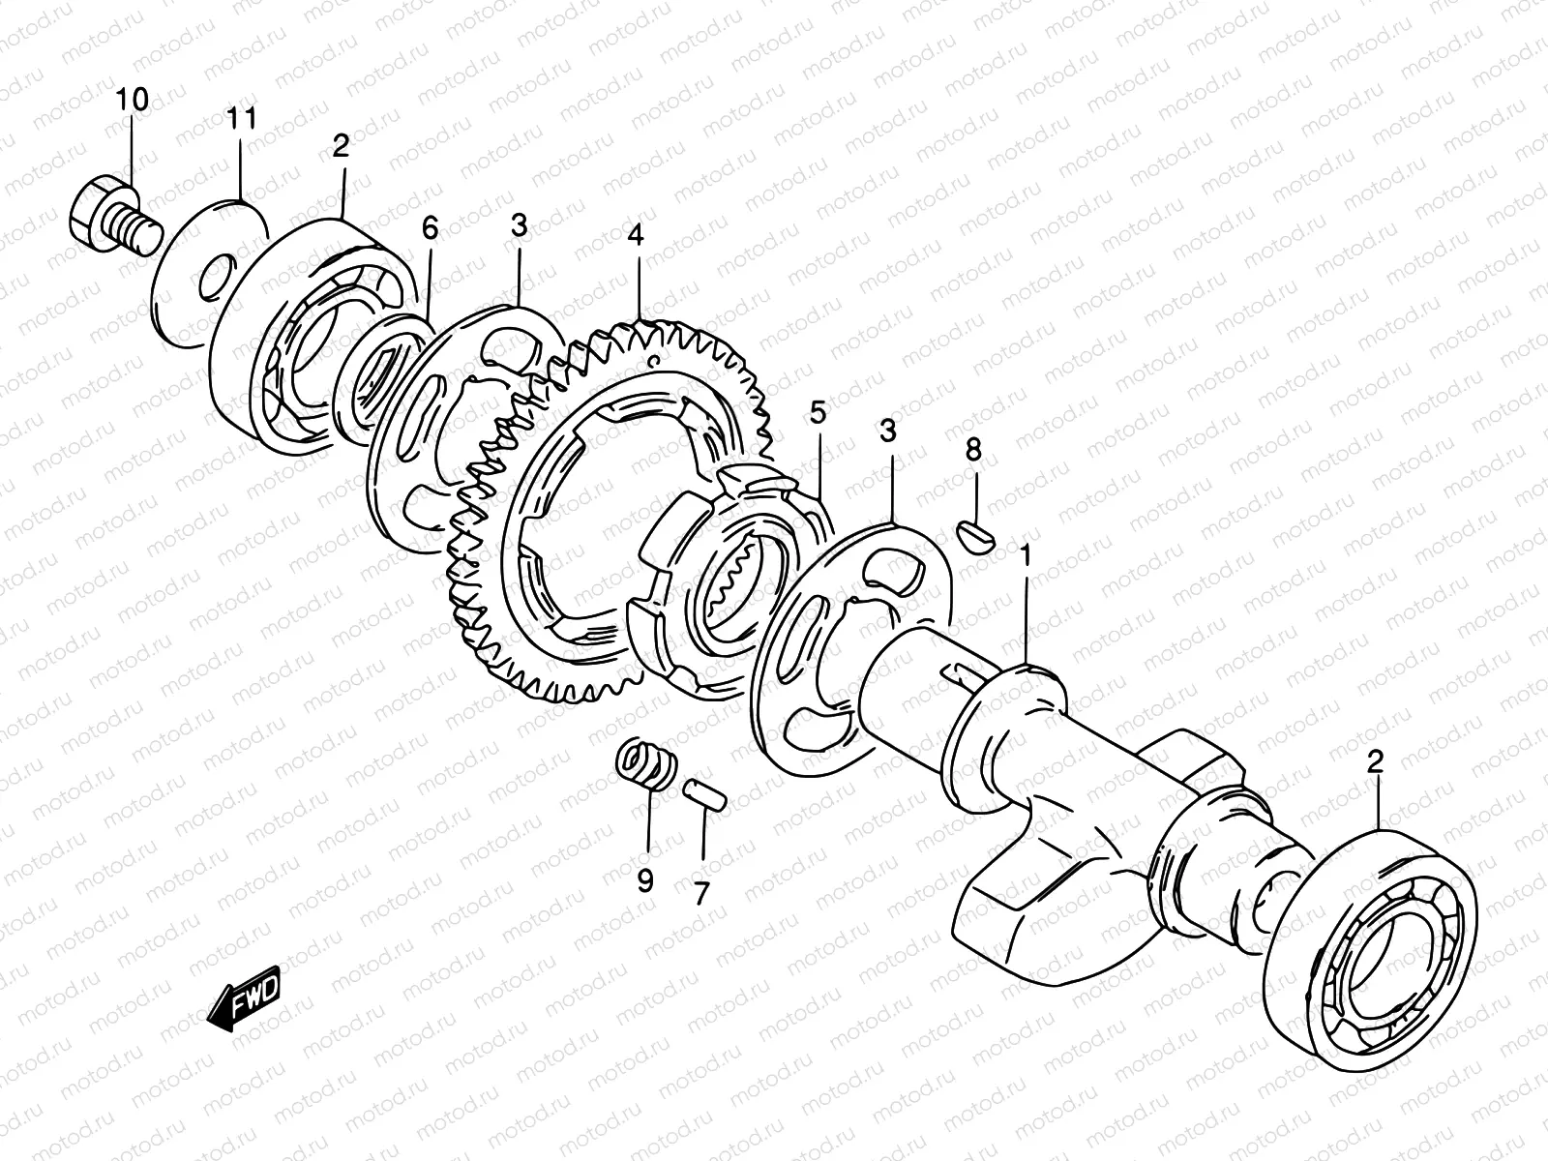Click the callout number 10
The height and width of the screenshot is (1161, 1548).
pyautogui.click(x=134, y=100)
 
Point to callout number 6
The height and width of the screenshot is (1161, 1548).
pyautogui.click(x=430, y=228)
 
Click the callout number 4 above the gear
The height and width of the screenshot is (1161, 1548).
pyautogui.click(x=635, y=235)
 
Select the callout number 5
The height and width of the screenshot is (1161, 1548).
pyautogui.click(x=819, y=415)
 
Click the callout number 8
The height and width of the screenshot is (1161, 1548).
pyautogui.click(x=973, y=450)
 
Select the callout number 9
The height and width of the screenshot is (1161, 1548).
pyautogui.click(x=644, y=880)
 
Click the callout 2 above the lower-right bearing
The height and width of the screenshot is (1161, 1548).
pyautogui.click(x=1375, y=762)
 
